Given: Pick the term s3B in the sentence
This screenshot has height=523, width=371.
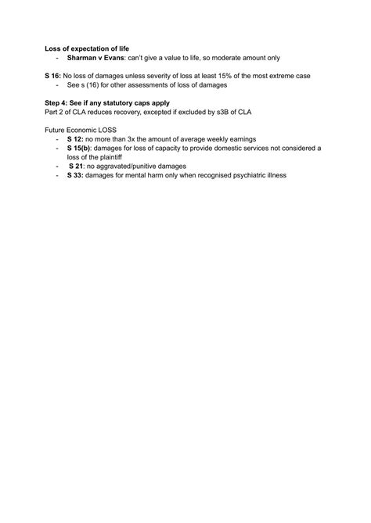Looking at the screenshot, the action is (x=218, y=111).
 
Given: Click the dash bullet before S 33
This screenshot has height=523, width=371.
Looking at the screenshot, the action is (x=58, y=175).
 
